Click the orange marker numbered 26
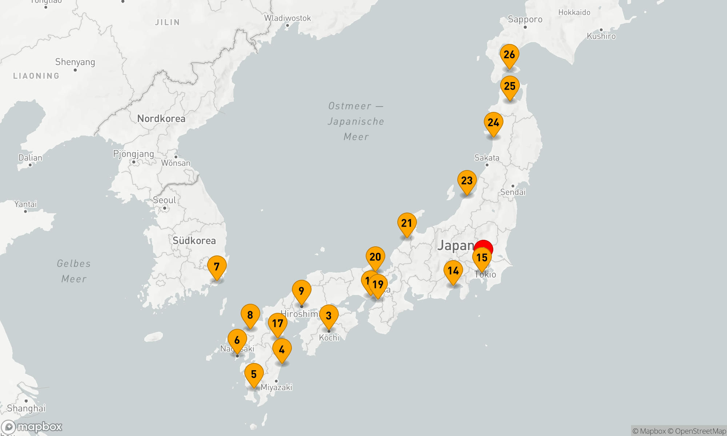coord(509,55)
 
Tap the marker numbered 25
coord(510,87)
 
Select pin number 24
coord(493,123)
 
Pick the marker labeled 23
coord(467,181)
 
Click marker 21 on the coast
coord(407,224)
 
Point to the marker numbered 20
coord(375,258)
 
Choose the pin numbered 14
coord(453,271)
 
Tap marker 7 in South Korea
coord(217,267)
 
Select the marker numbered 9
coord(301,291)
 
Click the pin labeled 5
coord(254,375)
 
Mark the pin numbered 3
coord(329,316)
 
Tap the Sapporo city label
coord(525,19)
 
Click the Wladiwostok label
coord(288,18)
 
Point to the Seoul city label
coord(164,200)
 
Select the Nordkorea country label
coord(161,119)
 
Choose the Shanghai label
coord(26,408)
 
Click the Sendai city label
coord(513,192)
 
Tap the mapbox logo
coord(32,427)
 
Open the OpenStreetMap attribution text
coord(700,431)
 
